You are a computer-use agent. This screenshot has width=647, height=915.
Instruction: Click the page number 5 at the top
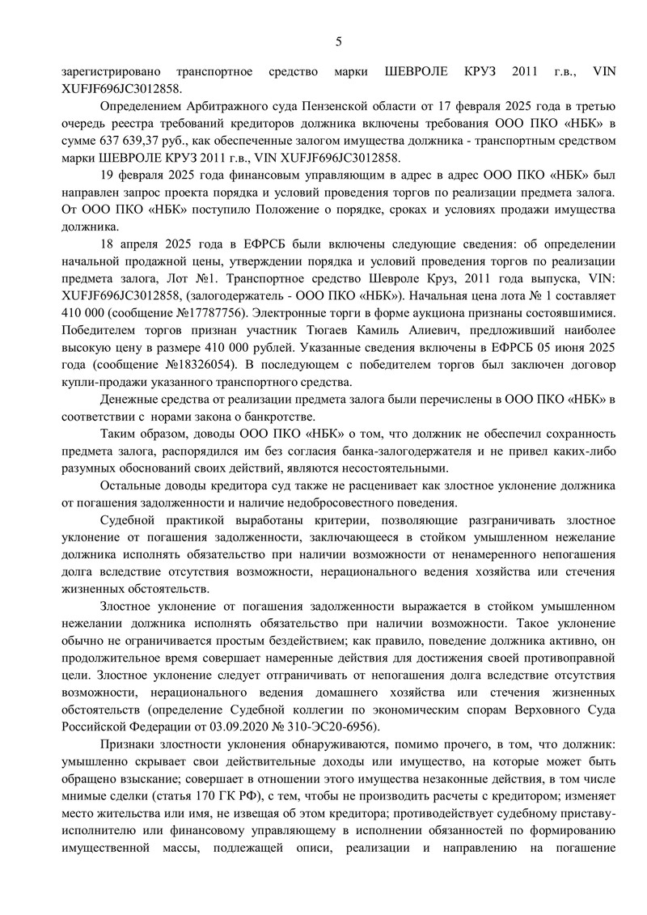coord(340,41)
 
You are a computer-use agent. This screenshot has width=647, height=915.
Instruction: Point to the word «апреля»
coord(150,244)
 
